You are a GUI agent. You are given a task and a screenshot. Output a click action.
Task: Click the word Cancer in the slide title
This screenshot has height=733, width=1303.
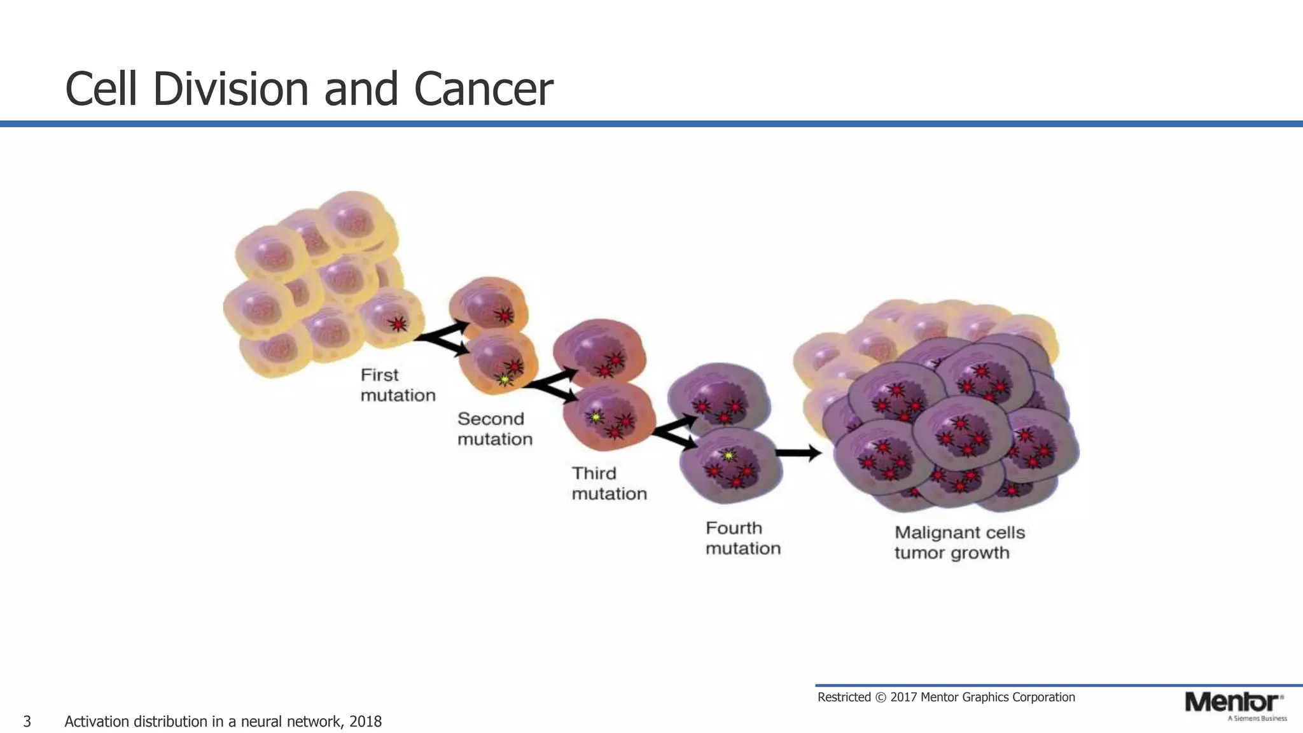(x=483, y=89)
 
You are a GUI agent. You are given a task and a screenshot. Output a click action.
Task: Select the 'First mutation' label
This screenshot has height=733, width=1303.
(x=398, y=385)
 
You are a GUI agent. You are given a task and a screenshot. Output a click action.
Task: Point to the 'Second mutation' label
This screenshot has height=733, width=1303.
(x=494, y=429)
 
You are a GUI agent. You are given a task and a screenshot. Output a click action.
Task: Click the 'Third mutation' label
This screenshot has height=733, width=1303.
(x=609, y=484)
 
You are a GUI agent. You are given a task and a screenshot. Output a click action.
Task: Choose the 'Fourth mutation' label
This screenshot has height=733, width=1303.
(x=742, y=538)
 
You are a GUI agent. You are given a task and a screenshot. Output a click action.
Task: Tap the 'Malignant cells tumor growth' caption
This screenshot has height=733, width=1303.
(x=959, y=542)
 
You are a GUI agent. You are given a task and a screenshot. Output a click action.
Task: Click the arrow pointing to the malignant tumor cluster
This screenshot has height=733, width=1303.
(x=798, y=453)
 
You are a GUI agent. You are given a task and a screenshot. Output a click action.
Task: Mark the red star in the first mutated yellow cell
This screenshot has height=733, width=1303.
(x=398, y=325)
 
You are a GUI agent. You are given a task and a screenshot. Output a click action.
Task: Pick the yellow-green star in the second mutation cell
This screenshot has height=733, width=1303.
(x=505, y=380)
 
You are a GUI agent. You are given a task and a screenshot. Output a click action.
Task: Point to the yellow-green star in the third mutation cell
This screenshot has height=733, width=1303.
(x=596, y=417)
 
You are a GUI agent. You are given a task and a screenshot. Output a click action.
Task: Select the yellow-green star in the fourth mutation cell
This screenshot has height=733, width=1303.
(x=729, y=456)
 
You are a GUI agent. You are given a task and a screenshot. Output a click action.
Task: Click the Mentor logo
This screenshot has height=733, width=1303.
(x=1233, y=702)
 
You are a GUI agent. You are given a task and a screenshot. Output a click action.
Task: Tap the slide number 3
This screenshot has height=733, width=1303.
(x=27, y=722)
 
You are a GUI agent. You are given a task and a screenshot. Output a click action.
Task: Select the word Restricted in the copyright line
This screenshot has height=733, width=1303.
(x=844, y=697)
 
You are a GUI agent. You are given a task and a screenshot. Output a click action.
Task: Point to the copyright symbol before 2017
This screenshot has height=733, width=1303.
(x=881, y=697)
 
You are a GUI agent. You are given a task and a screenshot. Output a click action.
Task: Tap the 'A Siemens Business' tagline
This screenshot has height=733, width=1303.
(x=1257, y=718)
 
